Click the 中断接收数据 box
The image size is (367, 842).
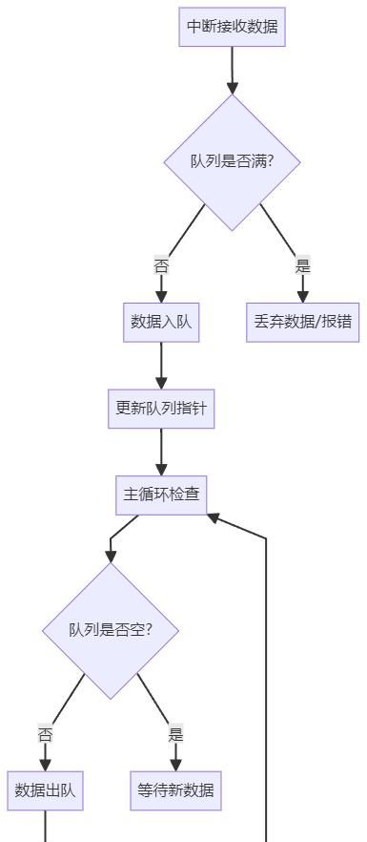[x=233, y=27]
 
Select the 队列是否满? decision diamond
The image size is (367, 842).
[x=233, y=161]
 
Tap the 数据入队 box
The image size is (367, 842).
[x=161, y=322]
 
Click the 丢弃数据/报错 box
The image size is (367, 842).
[x=303, y=322]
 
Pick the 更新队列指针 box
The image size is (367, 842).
[x=161, y=409]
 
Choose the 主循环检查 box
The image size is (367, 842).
[x=161, y=495]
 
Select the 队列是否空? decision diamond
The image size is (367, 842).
[x=111, y=630]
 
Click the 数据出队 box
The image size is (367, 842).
[x=45, y=790]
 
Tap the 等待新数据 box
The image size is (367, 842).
[x=175, y=790]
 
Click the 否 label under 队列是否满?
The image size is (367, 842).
[x=161, y=266]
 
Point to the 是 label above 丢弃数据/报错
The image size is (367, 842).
[x=303, y=266]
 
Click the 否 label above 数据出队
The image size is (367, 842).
[x=45, y=735]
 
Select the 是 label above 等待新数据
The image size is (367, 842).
[x=175, y=735]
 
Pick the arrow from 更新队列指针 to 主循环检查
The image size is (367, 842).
[x=161, y=451]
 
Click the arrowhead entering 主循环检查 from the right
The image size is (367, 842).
[x=214, y=517]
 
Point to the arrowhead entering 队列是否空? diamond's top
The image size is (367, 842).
[x=111, y=556]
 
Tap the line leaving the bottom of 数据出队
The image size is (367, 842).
[x=45, y=827]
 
